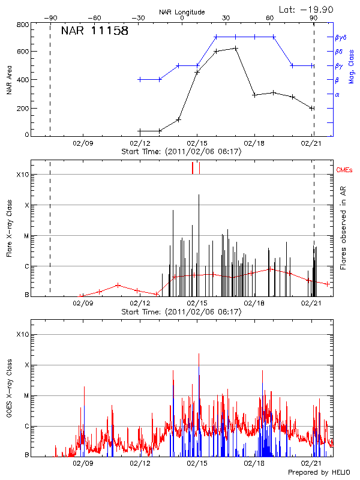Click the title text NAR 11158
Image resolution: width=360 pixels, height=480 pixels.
pos(95,31)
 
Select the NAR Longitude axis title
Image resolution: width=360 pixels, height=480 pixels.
pos(182,12)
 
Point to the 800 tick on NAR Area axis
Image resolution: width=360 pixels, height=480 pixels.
pos(23,25)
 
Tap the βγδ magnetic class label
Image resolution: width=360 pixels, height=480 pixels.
pos(340,37)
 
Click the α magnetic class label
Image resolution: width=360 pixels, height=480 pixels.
pos(337,94)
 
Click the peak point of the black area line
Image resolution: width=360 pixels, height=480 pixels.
pos(236,48)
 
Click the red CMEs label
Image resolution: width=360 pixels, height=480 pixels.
pos(344,171)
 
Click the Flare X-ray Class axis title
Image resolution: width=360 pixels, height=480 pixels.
pos(10,234)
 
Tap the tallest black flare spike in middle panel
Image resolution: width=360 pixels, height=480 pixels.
pos(199,195)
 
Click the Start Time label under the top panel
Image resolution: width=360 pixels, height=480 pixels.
pos(181,152)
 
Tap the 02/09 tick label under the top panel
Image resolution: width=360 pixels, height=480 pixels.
pos(83,143)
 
